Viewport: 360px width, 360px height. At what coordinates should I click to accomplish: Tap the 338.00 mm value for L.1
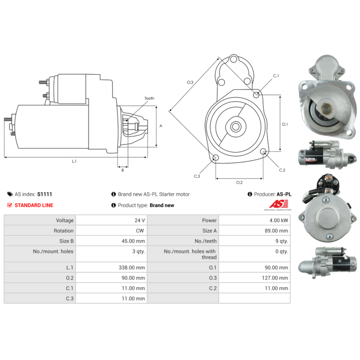pyautogui.click(x=132, y=267)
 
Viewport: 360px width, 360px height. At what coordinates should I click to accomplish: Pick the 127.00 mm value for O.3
pyautogui.click(x=275, y=278)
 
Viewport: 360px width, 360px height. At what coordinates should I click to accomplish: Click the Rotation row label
pyautogui.click(x=63, y=231)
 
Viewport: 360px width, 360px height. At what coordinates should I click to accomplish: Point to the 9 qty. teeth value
pyautogui.click(x=282, y=241)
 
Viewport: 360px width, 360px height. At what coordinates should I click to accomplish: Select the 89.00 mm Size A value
pyautogui.click(x=276, y=231)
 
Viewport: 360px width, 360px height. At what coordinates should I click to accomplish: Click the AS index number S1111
pyautogui.click(x=45, y=194)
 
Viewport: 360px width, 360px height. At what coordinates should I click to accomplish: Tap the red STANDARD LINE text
pyautogui.click(x=34, y=205)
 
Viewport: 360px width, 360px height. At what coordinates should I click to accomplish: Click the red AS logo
pyautogui.click(x=279, y=204)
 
